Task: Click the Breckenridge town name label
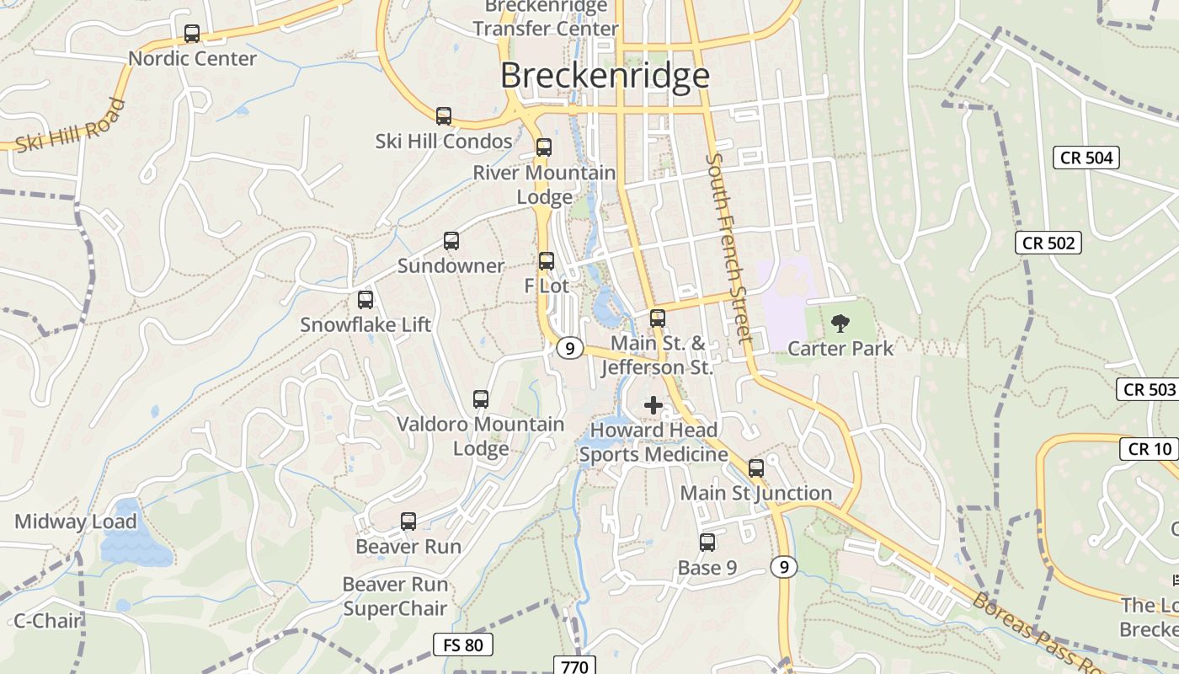click(x=605, y=76)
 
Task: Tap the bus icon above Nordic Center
click(x=192, y=34)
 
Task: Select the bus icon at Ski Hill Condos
click(x=444, y=116)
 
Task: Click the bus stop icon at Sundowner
click(x=451, y=241)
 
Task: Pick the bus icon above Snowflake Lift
click(x=365, y=300)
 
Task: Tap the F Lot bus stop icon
click(x=547, y=261)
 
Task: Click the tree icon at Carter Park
click(x=840, y=323)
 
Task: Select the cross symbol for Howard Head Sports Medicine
click(x=654, y=405)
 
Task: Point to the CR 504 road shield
click(x=1086, y=158)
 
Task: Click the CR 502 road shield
click(x=1048, y=243)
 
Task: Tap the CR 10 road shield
click(x=1149, y=449)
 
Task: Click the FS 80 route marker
click(x=463, y=645)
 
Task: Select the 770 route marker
click(x=575, y=666)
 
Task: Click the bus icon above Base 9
click(x=707, y=543)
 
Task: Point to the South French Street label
click(x=729, y=248)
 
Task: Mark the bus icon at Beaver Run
click(x=408, y=522)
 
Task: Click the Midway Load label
click(x=76, y=522)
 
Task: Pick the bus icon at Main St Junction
click(x=756, y=468)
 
